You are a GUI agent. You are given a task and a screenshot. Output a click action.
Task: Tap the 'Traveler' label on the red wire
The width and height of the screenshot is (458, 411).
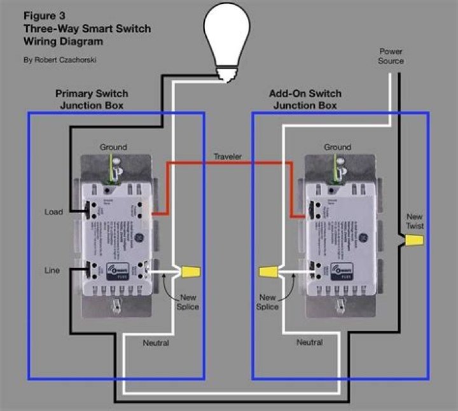(x=227, y=157)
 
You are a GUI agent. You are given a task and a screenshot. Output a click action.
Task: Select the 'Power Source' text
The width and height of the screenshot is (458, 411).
(x=391, y=56)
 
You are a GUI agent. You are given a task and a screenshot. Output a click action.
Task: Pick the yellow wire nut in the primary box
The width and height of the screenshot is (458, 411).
(x=190, y=272)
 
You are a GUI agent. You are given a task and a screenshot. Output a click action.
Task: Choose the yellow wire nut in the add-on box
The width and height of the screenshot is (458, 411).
(x=269, y=272)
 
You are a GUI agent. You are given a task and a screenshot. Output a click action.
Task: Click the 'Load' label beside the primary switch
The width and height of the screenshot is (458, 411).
(x=54, y=212)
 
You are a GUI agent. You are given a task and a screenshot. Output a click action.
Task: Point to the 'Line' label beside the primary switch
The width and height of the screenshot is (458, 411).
(x=52, y=270)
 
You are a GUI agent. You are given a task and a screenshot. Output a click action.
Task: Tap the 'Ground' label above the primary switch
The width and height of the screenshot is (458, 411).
(x=113, y=147)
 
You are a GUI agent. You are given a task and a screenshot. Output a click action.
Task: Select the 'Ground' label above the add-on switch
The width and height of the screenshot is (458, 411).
(x=337, y=147)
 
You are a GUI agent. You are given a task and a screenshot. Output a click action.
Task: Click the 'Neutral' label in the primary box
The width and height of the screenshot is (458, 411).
(x=156, y=343)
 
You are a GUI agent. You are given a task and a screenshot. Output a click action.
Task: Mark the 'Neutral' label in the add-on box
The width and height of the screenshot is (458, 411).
(x=310, y=342)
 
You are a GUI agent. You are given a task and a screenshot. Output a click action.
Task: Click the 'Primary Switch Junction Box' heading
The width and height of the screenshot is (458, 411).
(x=92, y=99)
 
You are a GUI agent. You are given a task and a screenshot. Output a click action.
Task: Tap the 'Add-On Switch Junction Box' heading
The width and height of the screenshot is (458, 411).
(x=305, y=99)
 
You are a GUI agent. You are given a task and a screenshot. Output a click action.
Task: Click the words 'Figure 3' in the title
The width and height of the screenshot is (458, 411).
(x=45, y=16)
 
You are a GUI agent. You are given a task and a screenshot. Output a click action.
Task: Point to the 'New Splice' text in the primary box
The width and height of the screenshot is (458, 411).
(x=189, y=302)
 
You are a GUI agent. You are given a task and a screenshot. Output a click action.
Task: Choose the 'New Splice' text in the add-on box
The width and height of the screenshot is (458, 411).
(x=268, y=302)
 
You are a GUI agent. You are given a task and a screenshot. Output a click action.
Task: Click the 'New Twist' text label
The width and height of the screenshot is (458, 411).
(x=415, y=221)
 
